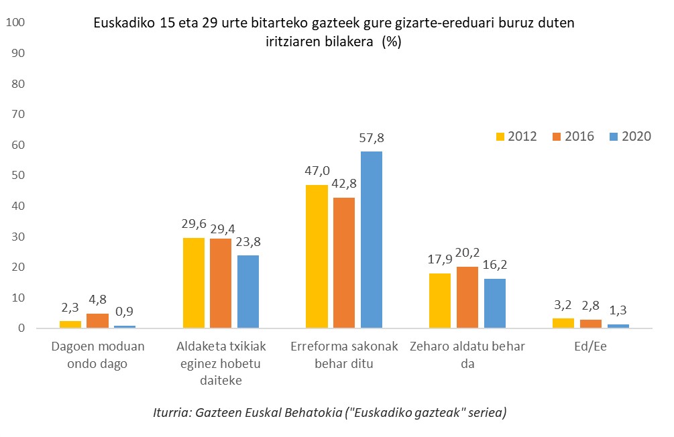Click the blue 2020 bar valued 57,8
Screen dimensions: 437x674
click(372, 239)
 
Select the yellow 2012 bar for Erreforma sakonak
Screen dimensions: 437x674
click(317, 256)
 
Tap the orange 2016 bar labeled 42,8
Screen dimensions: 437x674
click(344, 263)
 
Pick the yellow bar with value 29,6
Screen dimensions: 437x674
click(194, 283)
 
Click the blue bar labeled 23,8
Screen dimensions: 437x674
click(248, 292)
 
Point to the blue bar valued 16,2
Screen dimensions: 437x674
click(494, 303)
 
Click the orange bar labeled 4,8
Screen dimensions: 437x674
click(97, 320)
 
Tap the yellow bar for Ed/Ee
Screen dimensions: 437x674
click(563, 323)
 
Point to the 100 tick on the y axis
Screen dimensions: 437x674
click(15, 23)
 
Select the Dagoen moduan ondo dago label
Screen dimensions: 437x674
click(98, 355)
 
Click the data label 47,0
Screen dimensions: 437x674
click(317, 173)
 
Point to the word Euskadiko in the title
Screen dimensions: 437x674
click(124, 23)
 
